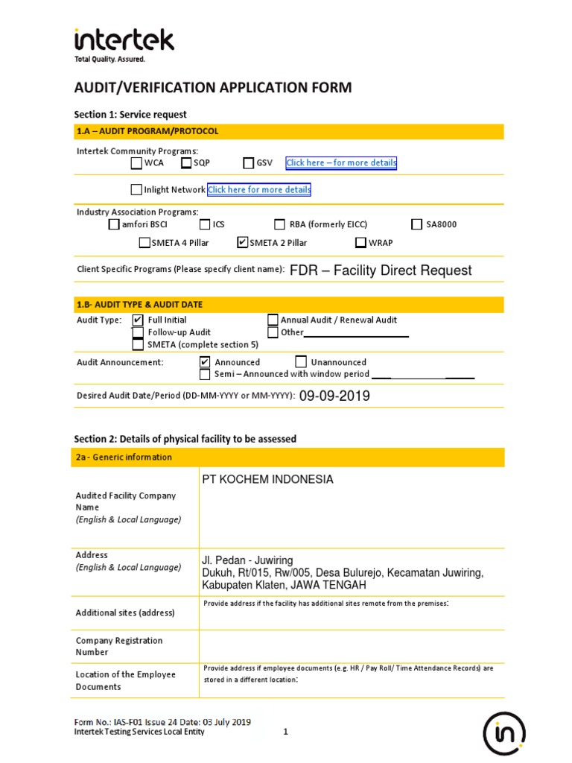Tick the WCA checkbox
click(x=136, y=163)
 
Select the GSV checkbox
click(x=249, y=163)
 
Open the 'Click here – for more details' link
click(x=341, y=163)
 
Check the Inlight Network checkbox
click(x=136, y=189)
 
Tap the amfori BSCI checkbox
click(x=113, y=224)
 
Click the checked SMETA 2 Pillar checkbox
click(x=242, y=242)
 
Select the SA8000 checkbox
click(x=417, y=224)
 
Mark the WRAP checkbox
click(x=360, y=242)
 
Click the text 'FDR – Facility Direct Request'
click(x=380, y=270)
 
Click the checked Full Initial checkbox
click(x=138, y=320)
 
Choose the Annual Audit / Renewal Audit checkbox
click(x=273, y=320)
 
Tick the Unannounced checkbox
click(x=302, y=362)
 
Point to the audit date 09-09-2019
click(x=334, y=396)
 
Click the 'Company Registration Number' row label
click(x=119, y=646)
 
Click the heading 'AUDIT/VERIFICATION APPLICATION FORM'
click(x=212, y=88)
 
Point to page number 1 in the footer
click(x=285, y=732)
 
